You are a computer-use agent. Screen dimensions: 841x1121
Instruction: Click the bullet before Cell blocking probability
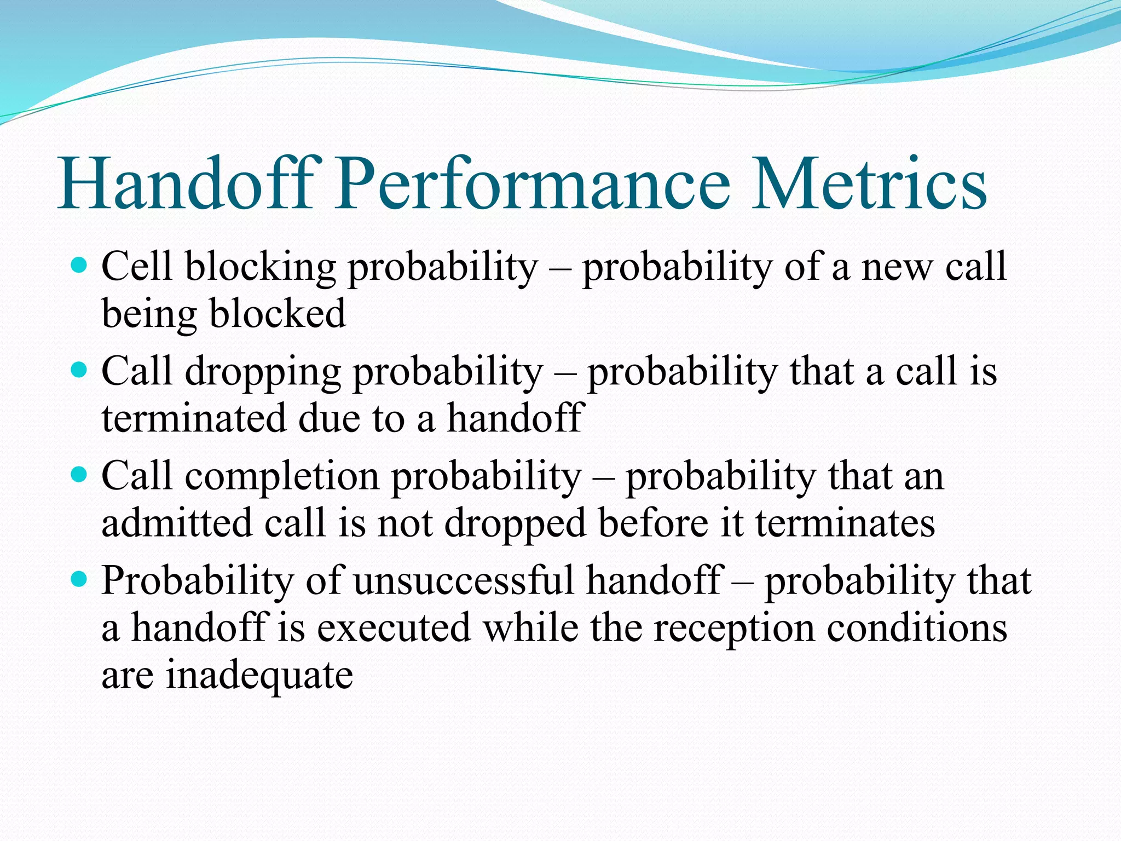[x=79, y=267]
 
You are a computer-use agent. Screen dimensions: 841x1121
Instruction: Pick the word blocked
[x=278, y=314]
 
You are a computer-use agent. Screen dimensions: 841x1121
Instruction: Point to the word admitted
[x=177, y=523]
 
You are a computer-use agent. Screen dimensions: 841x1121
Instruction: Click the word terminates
[x=845, y=523]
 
